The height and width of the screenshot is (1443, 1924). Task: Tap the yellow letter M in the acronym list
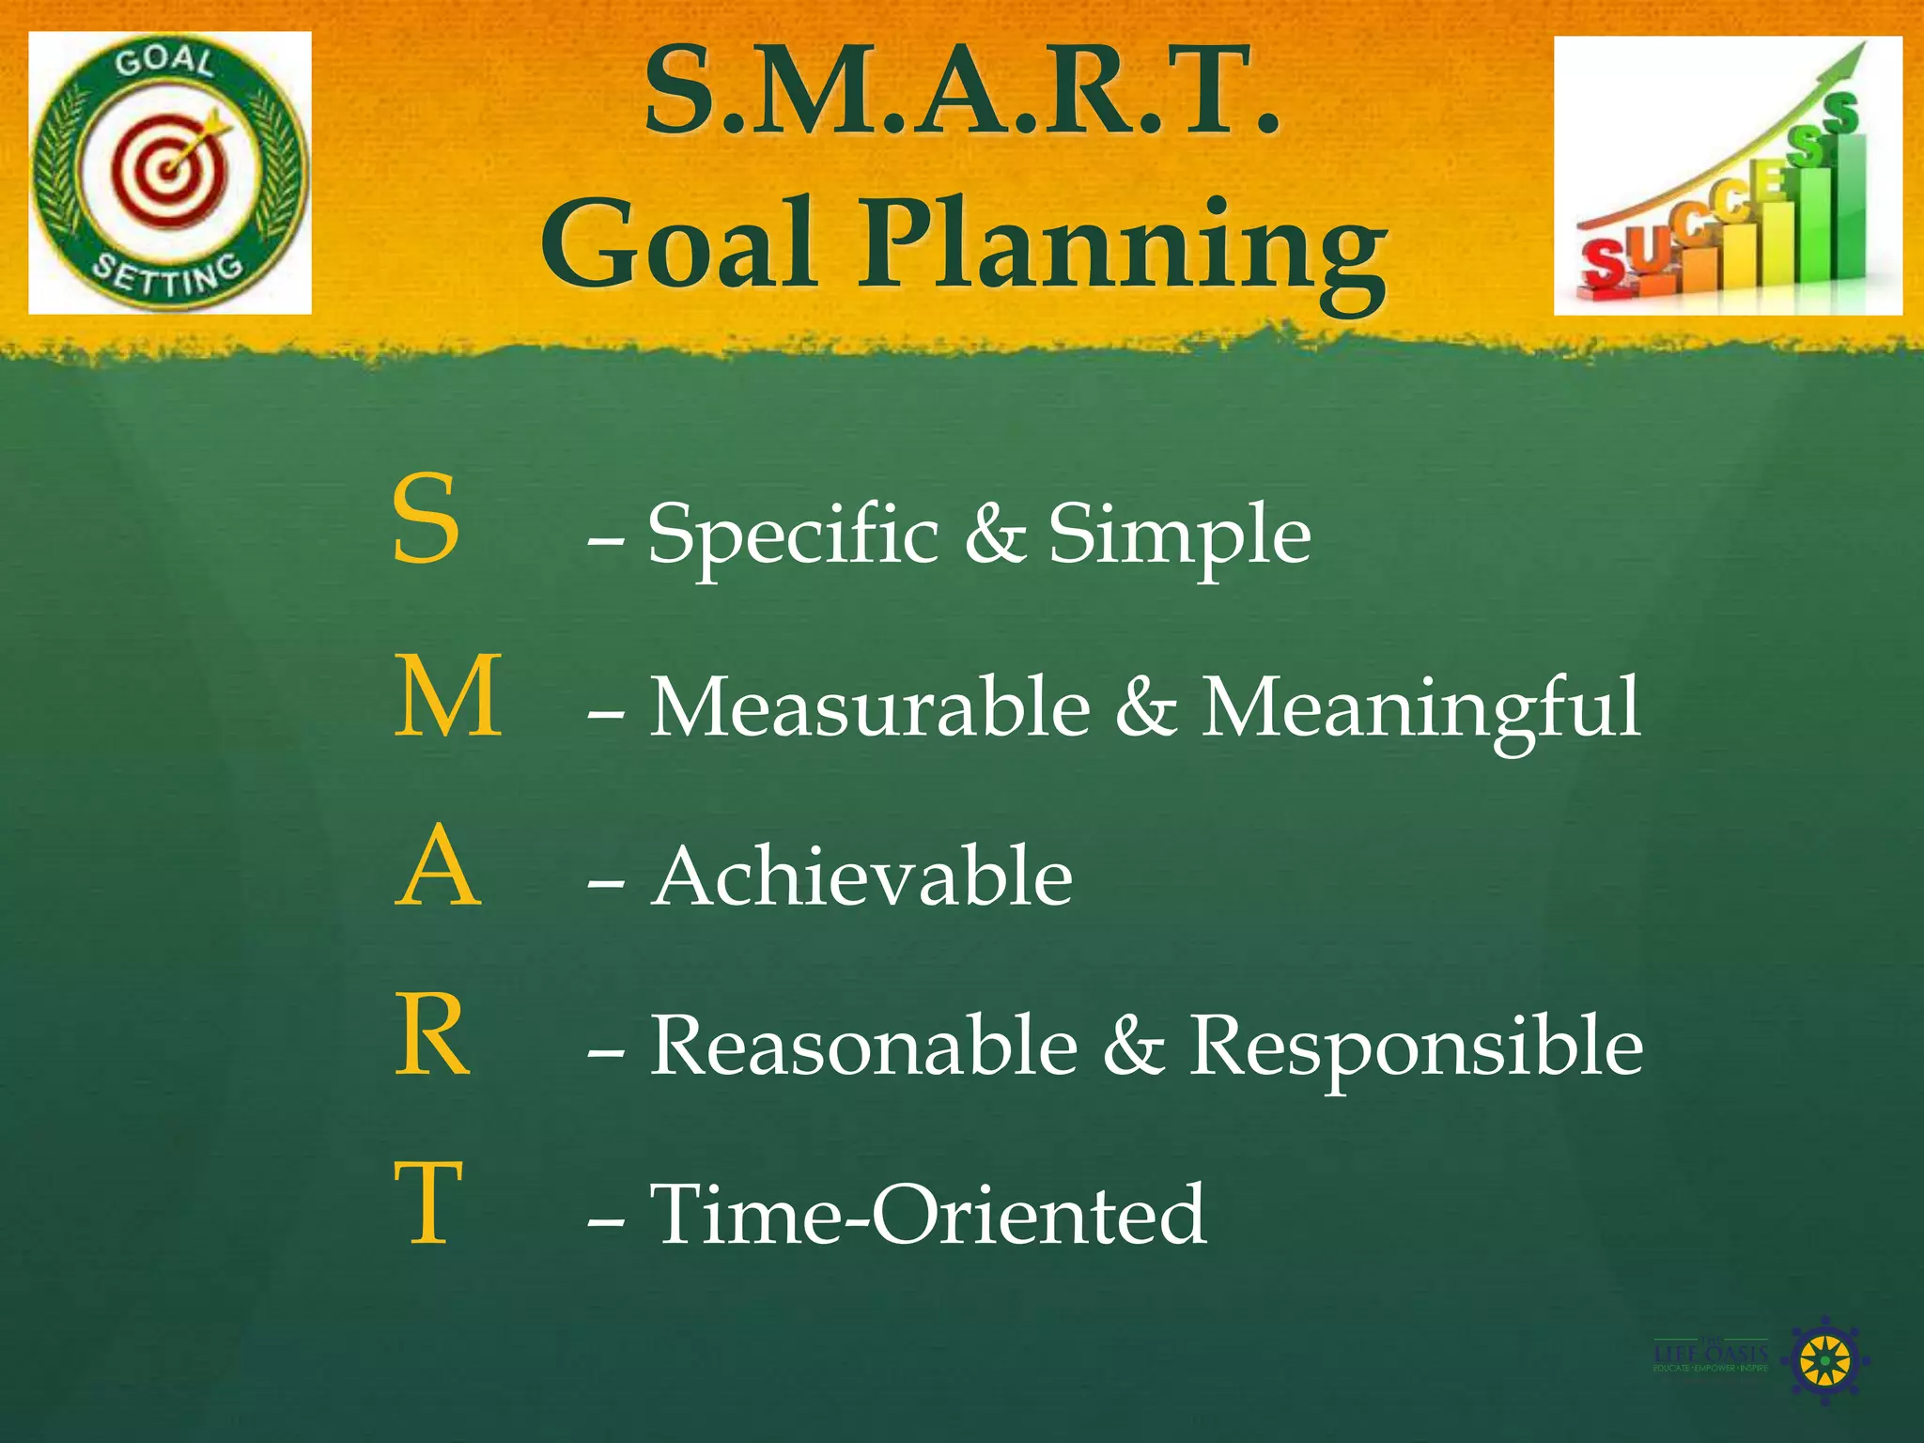447,696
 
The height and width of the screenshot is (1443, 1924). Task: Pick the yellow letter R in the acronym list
431,1035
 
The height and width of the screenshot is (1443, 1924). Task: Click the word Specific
793,535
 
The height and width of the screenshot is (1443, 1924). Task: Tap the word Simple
1178,535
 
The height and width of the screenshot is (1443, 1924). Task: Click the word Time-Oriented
928,1215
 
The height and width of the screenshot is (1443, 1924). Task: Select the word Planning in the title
1124,246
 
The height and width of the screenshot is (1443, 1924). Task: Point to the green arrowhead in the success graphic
1848,58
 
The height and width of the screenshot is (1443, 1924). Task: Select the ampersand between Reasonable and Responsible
1133,1046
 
